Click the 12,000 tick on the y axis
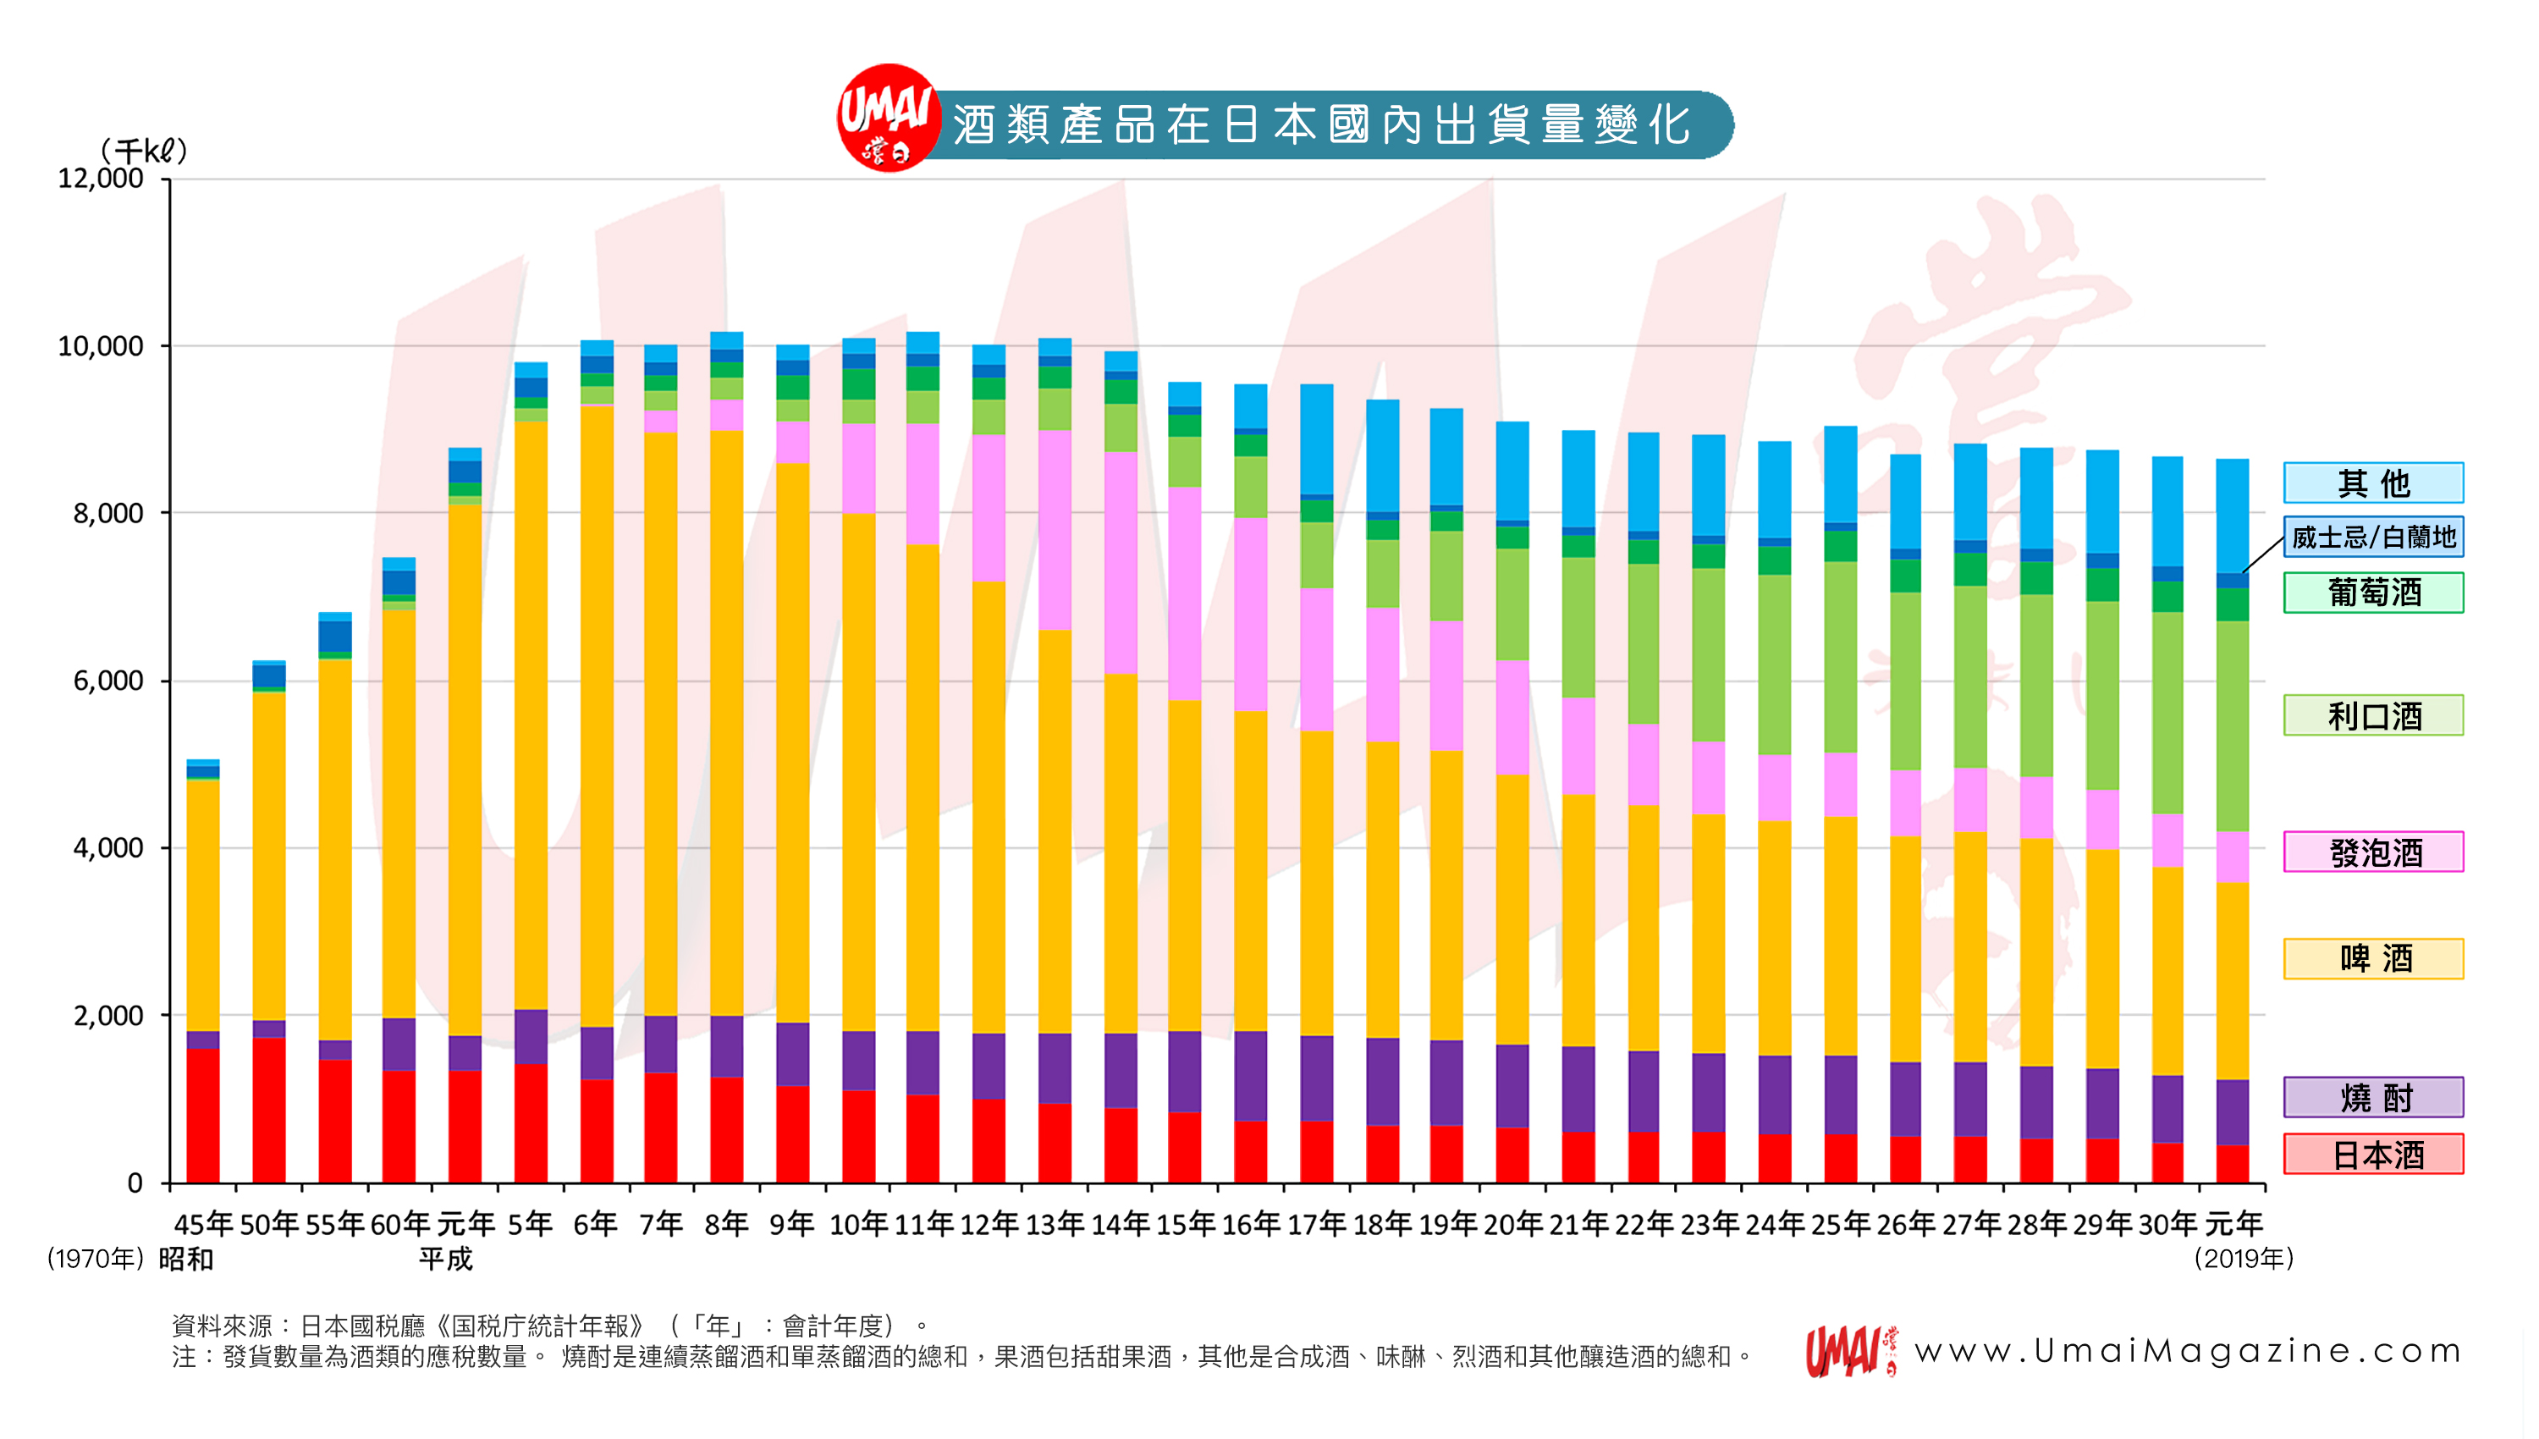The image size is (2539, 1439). pyautogui.click(x=101, y=179)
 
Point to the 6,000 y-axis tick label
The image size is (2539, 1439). pyautogui.click(x=108, y=681)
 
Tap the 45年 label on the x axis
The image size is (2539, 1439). pyautogui.click(x=202, y=1225)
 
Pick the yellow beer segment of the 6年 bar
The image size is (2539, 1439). pyautogui.click(x=596, y=716)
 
